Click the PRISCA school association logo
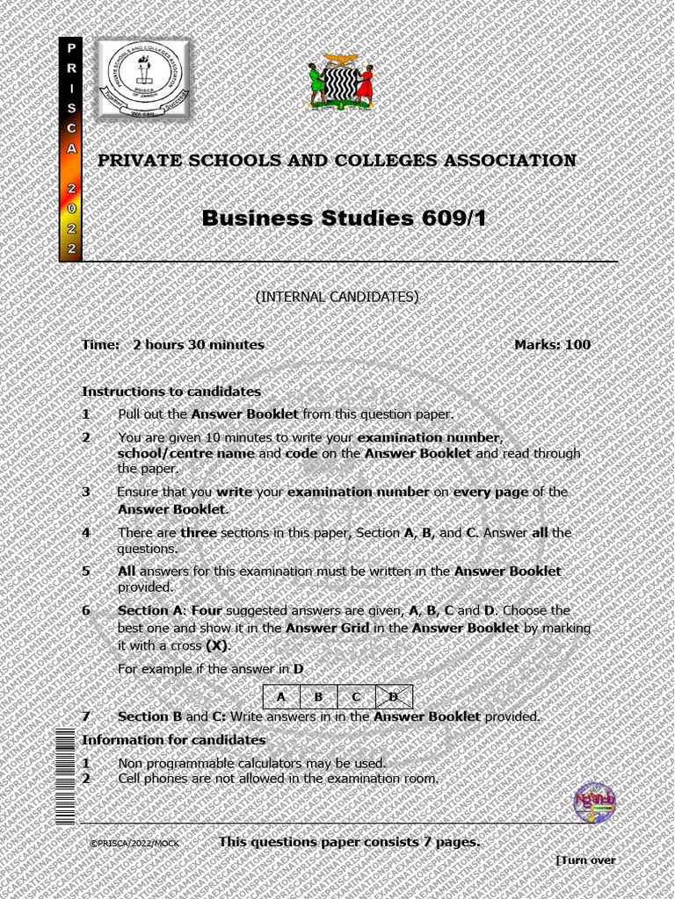pyautogui.click(x=142, y=79)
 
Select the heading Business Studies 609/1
pyautogui.click(x=344, y=218)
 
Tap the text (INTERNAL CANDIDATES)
pyautogui.click(x=337, y=297)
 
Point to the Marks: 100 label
pyautogui.click(x=552, y=345)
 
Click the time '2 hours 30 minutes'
pyautogui.click(x=199, y=345)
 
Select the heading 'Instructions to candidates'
pyautogui.click(x=171, y=392)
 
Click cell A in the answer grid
pyautogui.click(x=281, y=697)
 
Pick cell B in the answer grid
pyautogui.click(x=318, y=697)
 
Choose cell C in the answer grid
pyautogui.click(x=356, y=697)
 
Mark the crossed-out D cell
pyautogui.click(x=394, y=697)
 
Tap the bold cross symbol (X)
pyautogui.click(x=216, y=645)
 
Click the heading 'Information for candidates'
pyautogui.click(x=173, y=740)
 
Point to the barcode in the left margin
pyautogui.click(x=65, y=777)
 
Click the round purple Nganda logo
pyautogui.click(x=595, y=802)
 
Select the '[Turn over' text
pyautogui.click(x=586, y=860)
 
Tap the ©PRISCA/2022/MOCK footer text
pyautogui.click(x=134, y=844)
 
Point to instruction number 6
pyautogui.click(x=86, y=610)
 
